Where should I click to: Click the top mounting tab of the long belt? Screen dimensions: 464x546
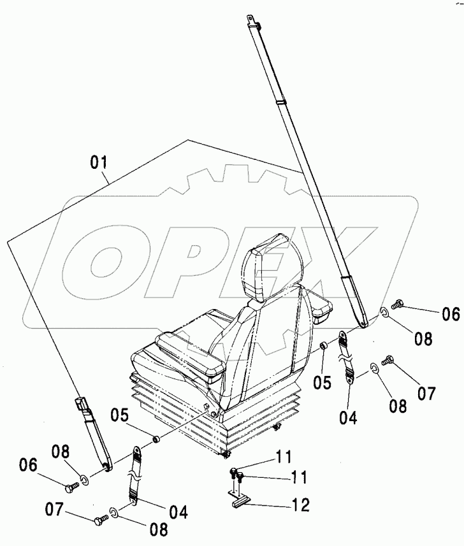click(x=252, y=25)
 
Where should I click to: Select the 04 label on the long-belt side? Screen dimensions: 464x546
click(x=348, y=418)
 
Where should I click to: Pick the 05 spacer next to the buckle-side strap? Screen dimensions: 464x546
click(x=155, y=439)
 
